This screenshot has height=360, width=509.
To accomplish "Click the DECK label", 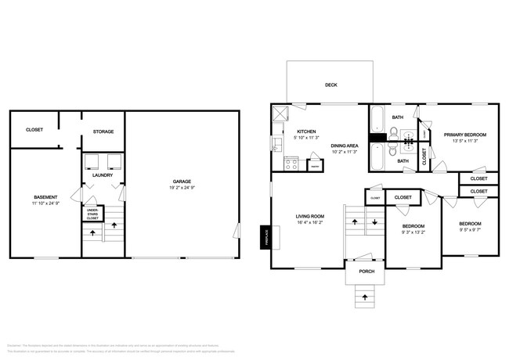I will click(331, 85).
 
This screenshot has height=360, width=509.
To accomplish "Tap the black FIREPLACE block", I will click(265, 235).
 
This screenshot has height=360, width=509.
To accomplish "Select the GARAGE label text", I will click(182, 181).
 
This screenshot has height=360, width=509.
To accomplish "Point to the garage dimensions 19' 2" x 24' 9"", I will click(182, 189).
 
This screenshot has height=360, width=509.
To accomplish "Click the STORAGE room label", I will click(103, 131).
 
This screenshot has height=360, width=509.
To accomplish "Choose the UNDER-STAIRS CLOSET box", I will click(92, 214).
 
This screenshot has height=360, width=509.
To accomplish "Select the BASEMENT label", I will click(45, 196).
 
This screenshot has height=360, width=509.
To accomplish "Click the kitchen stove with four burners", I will click(291, 164).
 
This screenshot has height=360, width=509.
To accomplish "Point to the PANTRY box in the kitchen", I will click(314, 165).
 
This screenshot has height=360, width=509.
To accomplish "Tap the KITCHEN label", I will click(305, 131).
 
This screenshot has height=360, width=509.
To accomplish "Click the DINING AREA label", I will click(345, 146).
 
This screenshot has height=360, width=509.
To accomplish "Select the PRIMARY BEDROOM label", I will click(465, 135).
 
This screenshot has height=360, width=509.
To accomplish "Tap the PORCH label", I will click(366, 272).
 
